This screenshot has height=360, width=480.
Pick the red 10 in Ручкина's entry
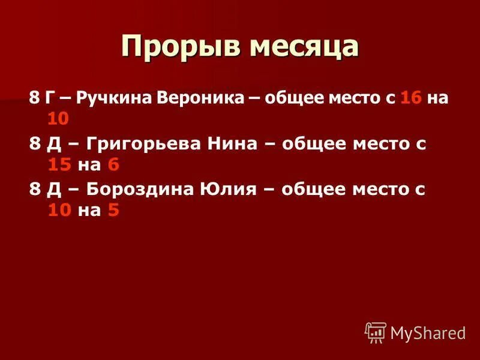(x=58, y=118)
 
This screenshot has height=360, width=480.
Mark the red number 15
(x=59, y=164)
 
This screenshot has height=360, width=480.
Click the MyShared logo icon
(x=376, y=332)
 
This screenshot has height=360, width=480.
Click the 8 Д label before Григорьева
(x=43, y=145)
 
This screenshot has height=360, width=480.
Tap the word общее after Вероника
(x=290, y=98)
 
